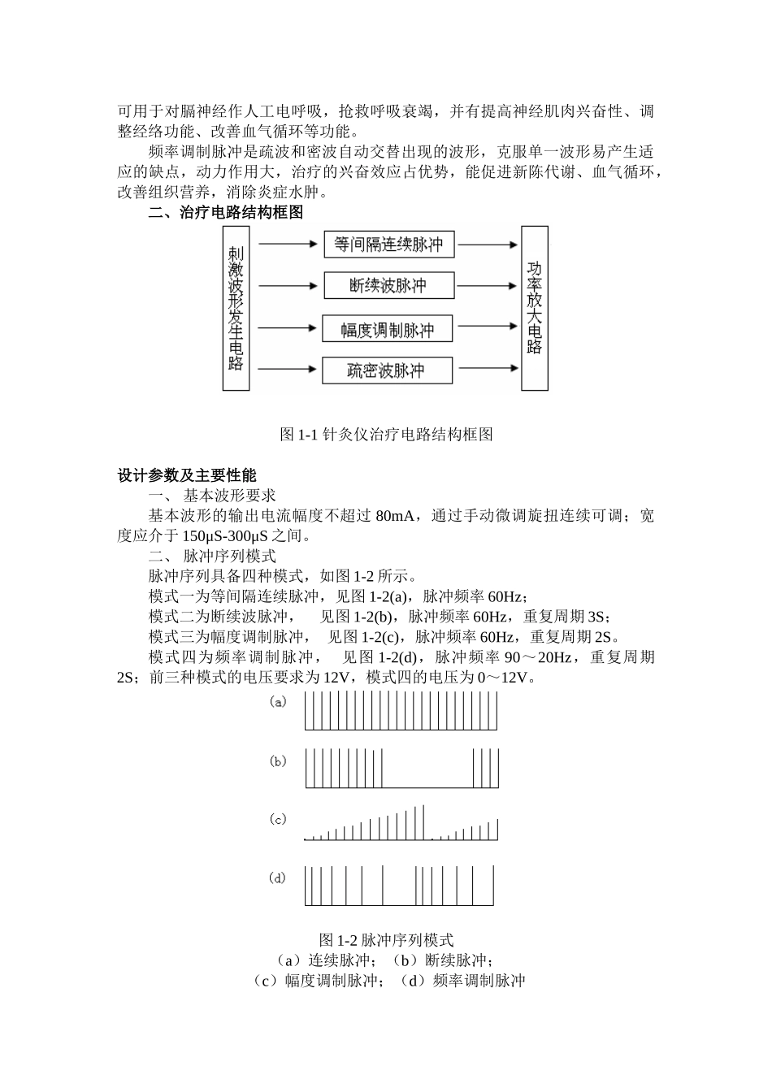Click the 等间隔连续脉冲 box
coord(388,244)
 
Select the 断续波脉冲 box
coord(388,285)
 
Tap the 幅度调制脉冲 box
coord(387,330)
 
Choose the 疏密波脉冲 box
coord(386,371)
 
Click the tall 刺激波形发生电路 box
coord(236,308)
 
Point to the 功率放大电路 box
coord(534,308)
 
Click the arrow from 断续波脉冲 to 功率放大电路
coord(486,285)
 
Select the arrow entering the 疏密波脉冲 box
coord(288,370)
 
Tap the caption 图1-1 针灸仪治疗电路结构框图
coord(386,434)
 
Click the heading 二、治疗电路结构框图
coord(226,213)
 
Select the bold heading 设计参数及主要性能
coord(187,475)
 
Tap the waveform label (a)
coord(278,703)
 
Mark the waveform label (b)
coord(278,761)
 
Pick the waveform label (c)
coord(278,820)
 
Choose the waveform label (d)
coord(278,878)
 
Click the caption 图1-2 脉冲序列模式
coord(387,940)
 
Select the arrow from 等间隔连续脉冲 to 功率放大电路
coord(486,244)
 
